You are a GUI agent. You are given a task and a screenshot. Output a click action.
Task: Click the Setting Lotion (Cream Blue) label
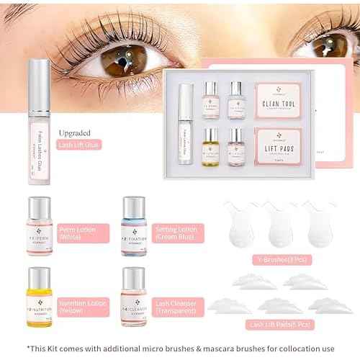click(x=178, y=234)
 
